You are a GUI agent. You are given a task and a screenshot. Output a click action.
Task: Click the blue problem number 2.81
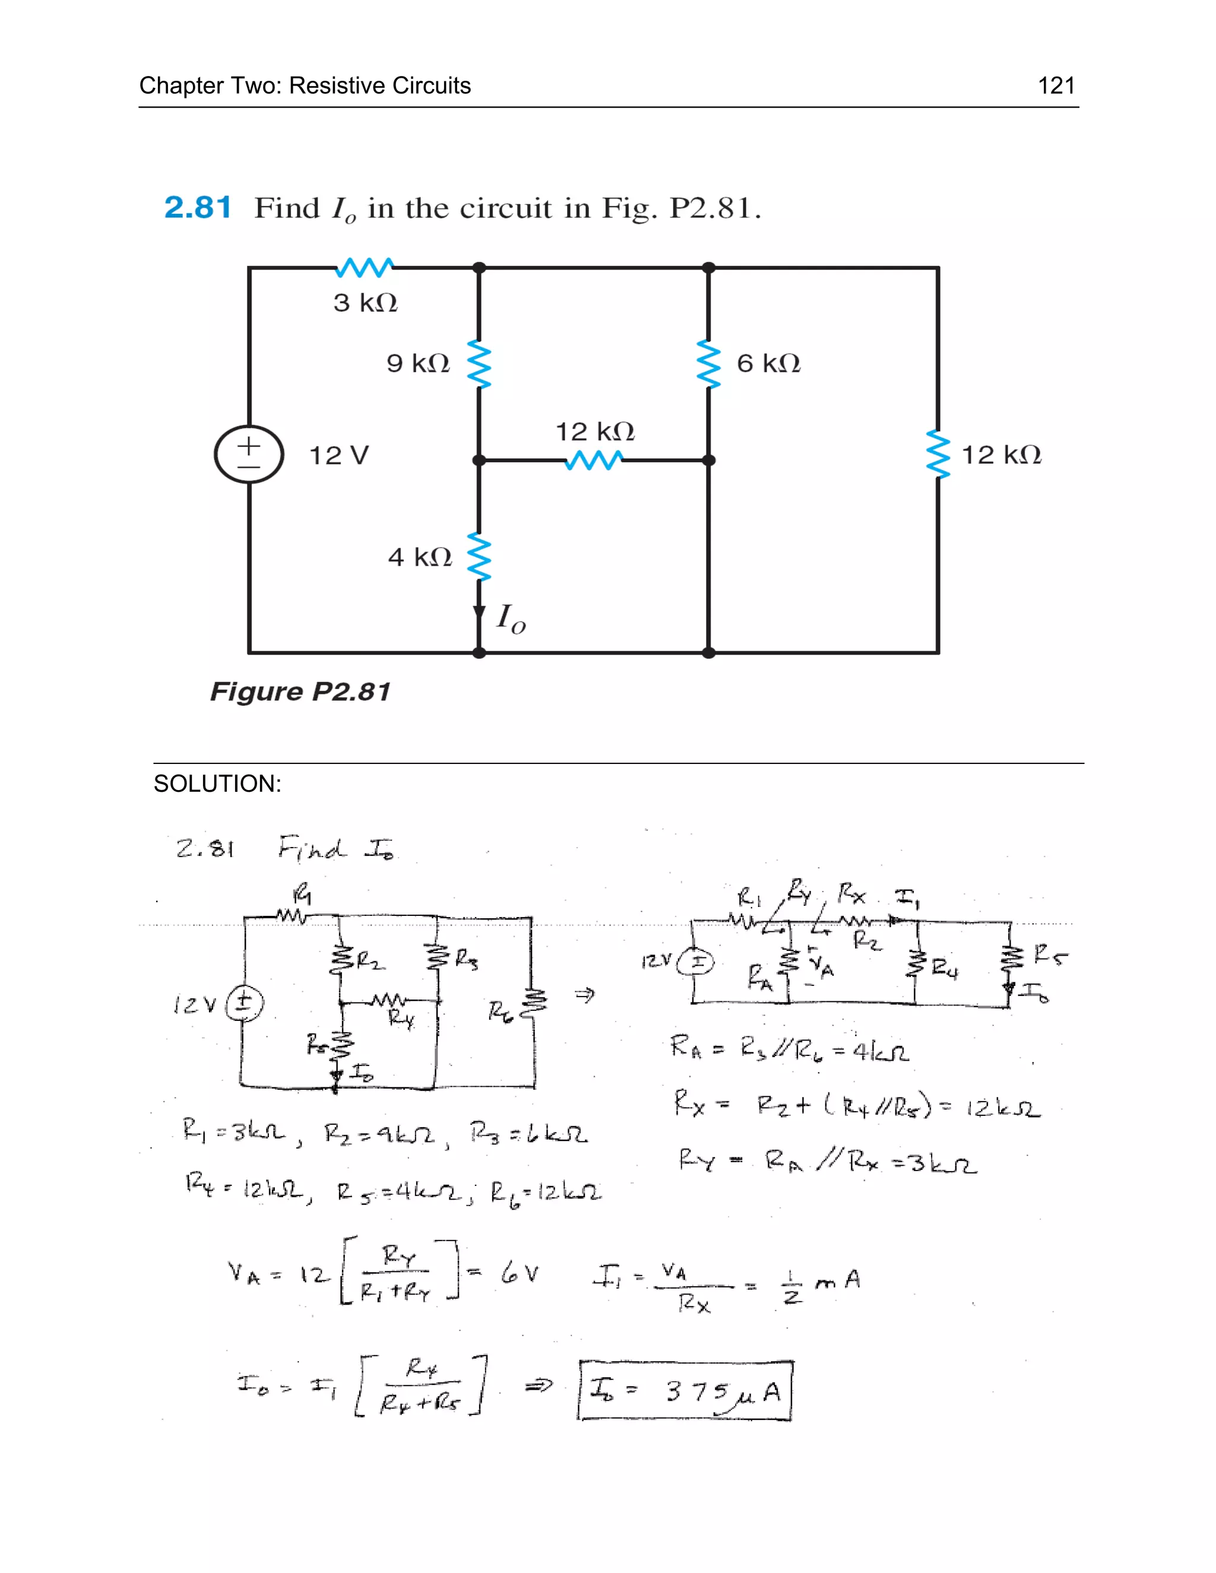click(197, 208)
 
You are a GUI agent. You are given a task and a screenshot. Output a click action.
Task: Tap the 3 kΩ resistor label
click(365, 303)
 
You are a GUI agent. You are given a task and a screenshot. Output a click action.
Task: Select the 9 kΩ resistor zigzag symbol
click(479, 364)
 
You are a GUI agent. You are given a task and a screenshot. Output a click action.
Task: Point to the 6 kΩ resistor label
click(768, 364)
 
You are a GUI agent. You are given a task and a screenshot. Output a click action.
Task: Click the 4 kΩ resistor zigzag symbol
click(479, 557)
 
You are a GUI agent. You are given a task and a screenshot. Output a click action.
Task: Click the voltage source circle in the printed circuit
click(249, 455)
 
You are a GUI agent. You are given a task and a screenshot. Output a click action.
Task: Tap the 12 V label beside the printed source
click(338, 456)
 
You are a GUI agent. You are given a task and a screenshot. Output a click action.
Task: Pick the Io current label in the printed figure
click(511, 618)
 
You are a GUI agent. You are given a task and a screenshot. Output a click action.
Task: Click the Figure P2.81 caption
click(300, 692)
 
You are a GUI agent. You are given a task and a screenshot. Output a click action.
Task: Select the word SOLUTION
click(217, 784)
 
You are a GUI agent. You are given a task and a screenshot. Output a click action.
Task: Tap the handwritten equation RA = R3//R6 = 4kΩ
click(789, 1051)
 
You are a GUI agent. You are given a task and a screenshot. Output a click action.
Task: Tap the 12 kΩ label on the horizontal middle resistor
click(594, 432)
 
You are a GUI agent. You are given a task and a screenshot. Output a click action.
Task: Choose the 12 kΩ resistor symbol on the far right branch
click(938, 455)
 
